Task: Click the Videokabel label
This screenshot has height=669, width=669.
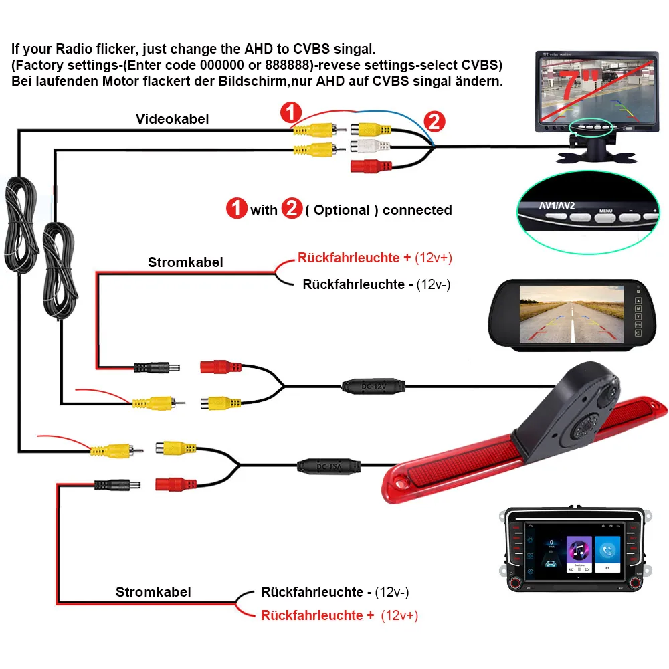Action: tap(173, 119)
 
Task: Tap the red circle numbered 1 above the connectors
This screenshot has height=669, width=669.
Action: tap(291, 112)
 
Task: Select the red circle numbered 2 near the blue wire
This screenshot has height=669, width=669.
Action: tap(434, 121)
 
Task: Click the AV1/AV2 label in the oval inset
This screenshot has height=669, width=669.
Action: tap(557, 205)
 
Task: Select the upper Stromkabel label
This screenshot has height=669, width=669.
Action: tap(185, 262)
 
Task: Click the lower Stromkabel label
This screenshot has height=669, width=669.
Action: tap(153, 591)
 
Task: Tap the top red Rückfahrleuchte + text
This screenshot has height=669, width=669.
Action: tap(355, 258)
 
